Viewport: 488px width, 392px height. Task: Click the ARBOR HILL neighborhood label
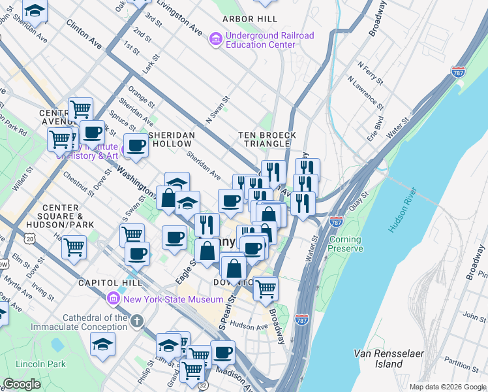(247, 20)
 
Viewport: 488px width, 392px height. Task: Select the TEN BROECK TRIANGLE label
(267, 139)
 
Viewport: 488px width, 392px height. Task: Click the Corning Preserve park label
(345, 244)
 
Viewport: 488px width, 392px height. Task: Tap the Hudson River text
(402, 210)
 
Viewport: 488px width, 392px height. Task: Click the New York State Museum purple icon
(113, 299)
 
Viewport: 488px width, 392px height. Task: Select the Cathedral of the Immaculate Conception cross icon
(136, 321)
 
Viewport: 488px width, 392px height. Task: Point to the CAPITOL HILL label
(106, 283)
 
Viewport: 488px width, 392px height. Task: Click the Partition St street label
(460, 362)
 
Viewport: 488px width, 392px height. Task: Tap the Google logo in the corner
(22, 384)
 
